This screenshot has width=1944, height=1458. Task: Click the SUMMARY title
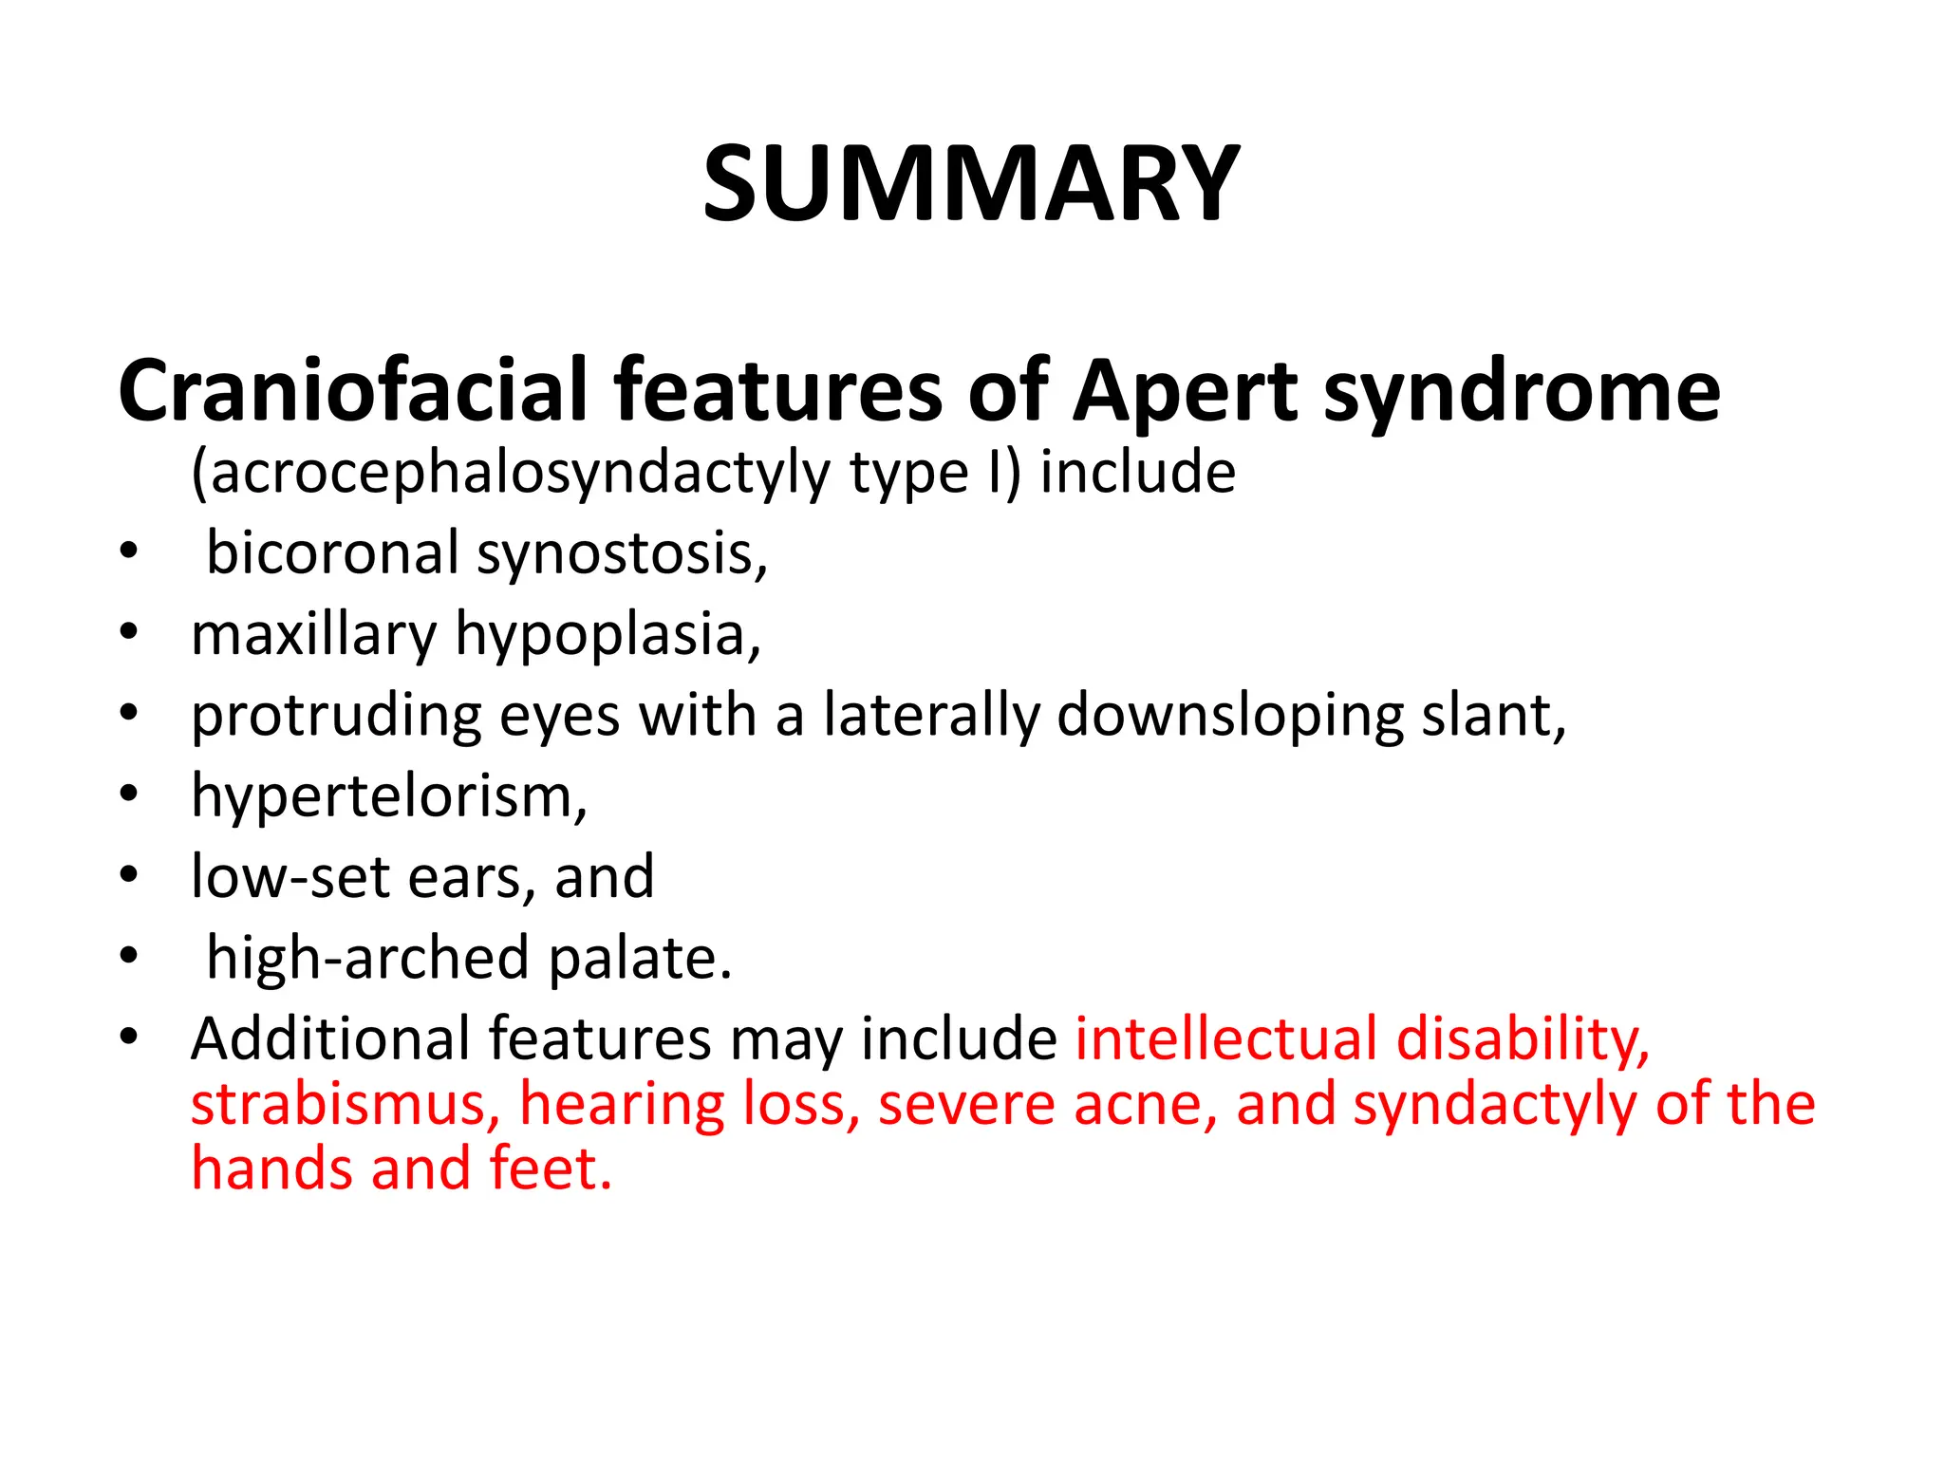tap(970, 183)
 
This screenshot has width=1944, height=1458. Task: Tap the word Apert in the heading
tap(1185, 390)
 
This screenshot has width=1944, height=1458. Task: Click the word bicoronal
tap(332, 553)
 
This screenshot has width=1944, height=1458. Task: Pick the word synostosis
tap(622, 553)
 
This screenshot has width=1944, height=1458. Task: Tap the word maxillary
tap(313, 634)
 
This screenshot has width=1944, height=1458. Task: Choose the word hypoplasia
tap(607, 634)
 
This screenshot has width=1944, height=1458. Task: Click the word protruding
tap(336, 715)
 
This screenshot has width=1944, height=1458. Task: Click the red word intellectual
tap(1224, 1038)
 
